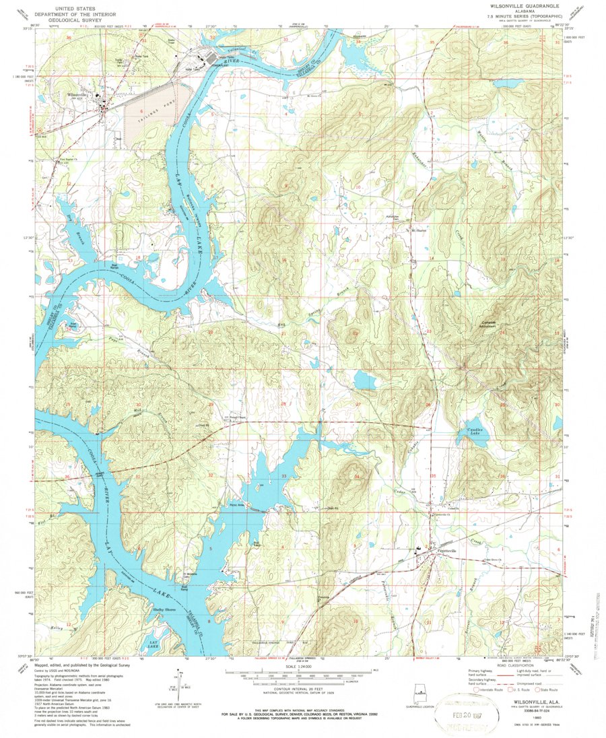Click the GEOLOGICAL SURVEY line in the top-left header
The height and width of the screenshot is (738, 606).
[79, 21]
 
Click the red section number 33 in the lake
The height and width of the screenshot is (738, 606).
[283, 476]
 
